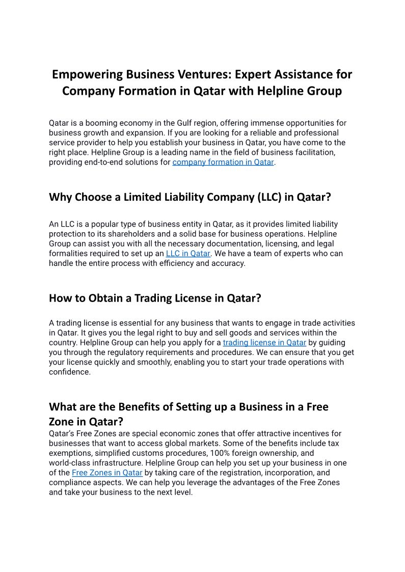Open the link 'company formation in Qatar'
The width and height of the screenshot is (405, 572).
(x=223, y=162)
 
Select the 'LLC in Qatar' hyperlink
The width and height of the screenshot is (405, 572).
(x=188, y=254)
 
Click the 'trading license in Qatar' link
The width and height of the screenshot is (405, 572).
(x=264, y=343)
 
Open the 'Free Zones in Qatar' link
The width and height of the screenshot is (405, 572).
(x=107, y=473)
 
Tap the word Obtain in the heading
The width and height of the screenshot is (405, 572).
(x=105, y=298)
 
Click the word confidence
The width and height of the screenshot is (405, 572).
(x=69, y=372)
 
